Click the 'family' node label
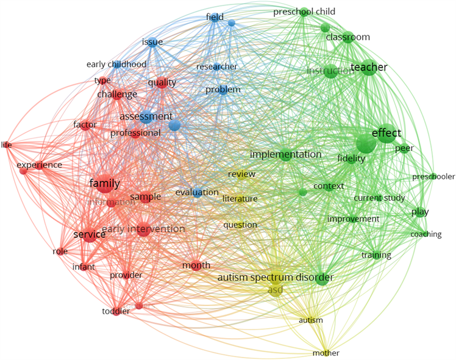(x=104, y=183)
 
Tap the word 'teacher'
(x=368, y=67)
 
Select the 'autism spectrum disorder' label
(x=276, y=278)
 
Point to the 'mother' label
(x=326, y=353)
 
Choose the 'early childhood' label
(x=116, y=64)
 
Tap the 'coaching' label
(x=426, y=234)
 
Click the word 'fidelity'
(x=351, y=159)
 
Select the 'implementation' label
(x=285, y=154)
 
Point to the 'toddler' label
(x=116, y=311)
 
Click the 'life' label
(x=6, y=145)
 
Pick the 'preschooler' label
(x=433, y=177)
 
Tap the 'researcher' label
(x=216, y=67)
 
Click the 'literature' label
(x=240, y=198)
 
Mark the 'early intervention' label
(x=143, y=229)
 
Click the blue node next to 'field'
(x=232, y=23)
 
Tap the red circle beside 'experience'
(x=23, y=171)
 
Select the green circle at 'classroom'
(x=348, y=37)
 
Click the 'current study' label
(x=376, y=198)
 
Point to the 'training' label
(x=376, y=255)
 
